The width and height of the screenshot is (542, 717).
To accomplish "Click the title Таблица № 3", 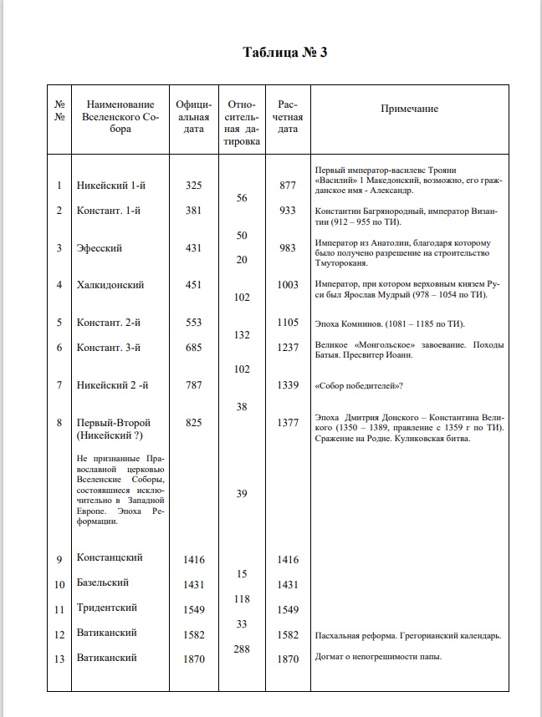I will point(284,53).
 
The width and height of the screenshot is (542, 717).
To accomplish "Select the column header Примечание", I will point(409,109).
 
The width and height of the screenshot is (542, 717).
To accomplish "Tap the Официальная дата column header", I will point(193,116).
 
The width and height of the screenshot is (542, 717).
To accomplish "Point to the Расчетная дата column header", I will point(288,116).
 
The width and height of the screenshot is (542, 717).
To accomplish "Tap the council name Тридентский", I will point(107,608).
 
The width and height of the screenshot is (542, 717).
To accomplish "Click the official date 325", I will point(193,186).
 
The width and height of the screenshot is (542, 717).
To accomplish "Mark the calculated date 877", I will point(288,186).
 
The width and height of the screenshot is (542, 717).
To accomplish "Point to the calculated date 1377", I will point(288,423).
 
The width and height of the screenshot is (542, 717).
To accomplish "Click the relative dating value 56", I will point(241,198).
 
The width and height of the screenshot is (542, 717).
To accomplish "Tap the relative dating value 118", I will point(241,598).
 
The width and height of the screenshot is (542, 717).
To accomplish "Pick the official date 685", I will point(193,348).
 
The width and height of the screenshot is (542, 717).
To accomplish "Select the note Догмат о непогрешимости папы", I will point(379,657).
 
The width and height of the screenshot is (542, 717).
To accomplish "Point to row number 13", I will point(59,659).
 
